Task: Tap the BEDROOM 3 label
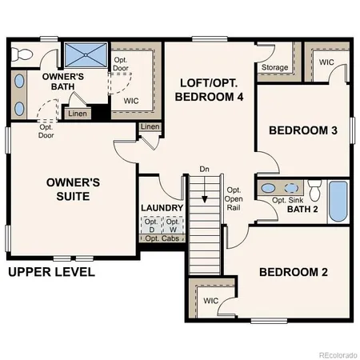click(x=301, y=130)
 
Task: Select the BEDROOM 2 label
click(x=293, y=272)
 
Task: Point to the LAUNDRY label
click(x=162, y=209)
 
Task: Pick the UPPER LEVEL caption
click(x=51, y=272)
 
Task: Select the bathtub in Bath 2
click(x=338, y=202)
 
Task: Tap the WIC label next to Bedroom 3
click(x=326, y=62)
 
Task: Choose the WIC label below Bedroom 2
click(x=210, y=301)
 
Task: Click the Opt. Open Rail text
click(x=234, y=198)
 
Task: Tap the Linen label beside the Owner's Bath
click(x=78, y=114)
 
